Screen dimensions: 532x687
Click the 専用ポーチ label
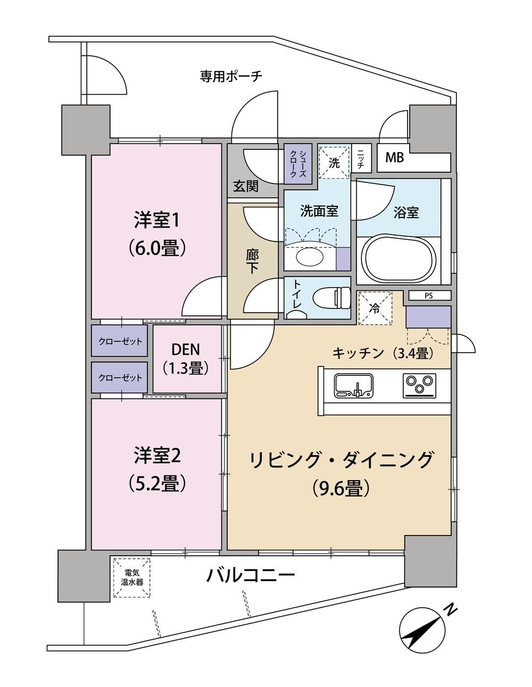pos(230,76)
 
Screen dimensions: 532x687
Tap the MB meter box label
pos(394,157)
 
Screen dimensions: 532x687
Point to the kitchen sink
pos(354,386)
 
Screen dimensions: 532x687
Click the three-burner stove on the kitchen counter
pos(419,386)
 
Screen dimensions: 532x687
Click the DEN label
pos(185,350)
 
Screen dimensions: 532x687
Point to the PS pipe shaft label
pos(429,296)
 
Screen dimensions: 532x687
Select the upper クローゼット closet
pos(120,341)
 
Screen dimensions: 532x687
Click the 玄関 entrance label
pos(246,186)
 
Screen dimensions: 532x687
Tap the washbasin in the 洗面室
pos(309,258)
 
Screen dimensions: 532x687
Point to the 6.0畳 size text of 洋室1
pos(156,248)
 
